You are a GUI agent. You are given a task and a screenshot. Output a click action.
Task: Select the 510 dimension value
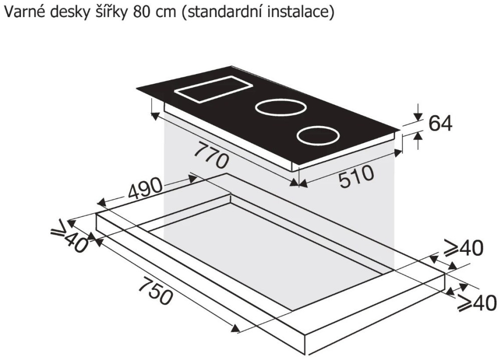coord(356,176)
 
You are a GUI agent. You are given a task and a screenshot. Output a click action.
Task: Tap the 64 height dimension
coord(440,123)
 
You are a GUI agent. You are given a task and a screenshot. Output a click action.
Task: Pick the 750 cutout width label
coord(156,291)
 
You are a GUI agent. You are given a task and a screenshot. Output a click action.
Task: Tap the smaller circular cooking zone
coord(319,136)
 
